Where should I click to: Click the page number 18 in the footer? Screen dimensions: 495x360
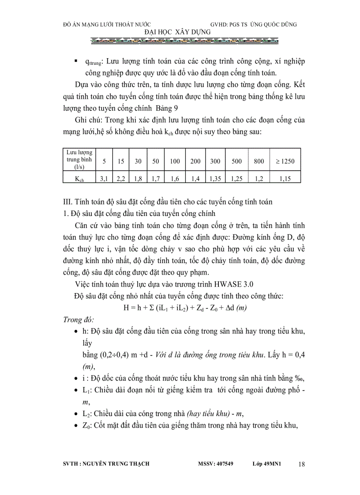point(301,464)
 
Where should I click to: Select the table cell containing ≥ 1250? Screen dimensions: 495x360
point(285,161)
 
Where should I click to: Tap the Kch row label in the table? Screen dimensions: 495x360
point(80,179)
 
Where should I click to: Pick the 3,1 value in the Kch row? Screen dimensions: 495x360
point(104,179)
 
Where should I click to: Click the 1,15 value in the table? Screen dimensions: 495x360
point(285,179)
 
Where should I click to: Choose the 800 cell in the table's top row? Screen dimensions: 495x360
point(259,161)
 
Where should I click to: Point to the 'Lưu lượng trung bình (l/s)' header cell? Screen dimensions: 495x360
point(80,160)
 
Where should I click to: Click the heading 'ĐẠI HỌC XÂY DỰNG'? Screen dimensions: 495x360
point(178,32)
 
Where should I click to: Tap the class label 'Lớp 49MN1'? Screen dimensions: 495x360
point(267,464)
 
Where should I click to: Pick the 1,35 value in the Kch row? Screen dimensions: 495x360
point(215,179)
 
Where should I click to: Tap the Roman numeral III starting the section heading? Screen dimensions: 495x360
point(68,202)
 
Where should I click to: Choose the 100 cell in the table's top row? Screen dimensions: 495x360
point(175,161)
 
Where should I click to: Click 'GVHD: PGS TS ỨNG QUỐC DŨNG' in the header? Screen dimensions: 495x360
point(254,24)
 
